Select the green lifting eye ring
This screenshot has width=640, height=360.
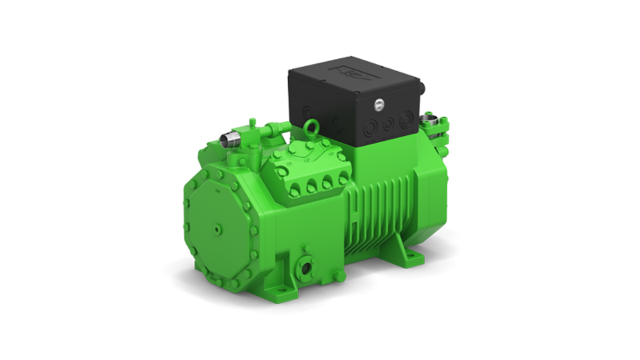(x=311, y=128)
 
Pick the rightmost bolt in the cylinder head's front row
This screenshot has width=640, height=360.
(x=341, y=180)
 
